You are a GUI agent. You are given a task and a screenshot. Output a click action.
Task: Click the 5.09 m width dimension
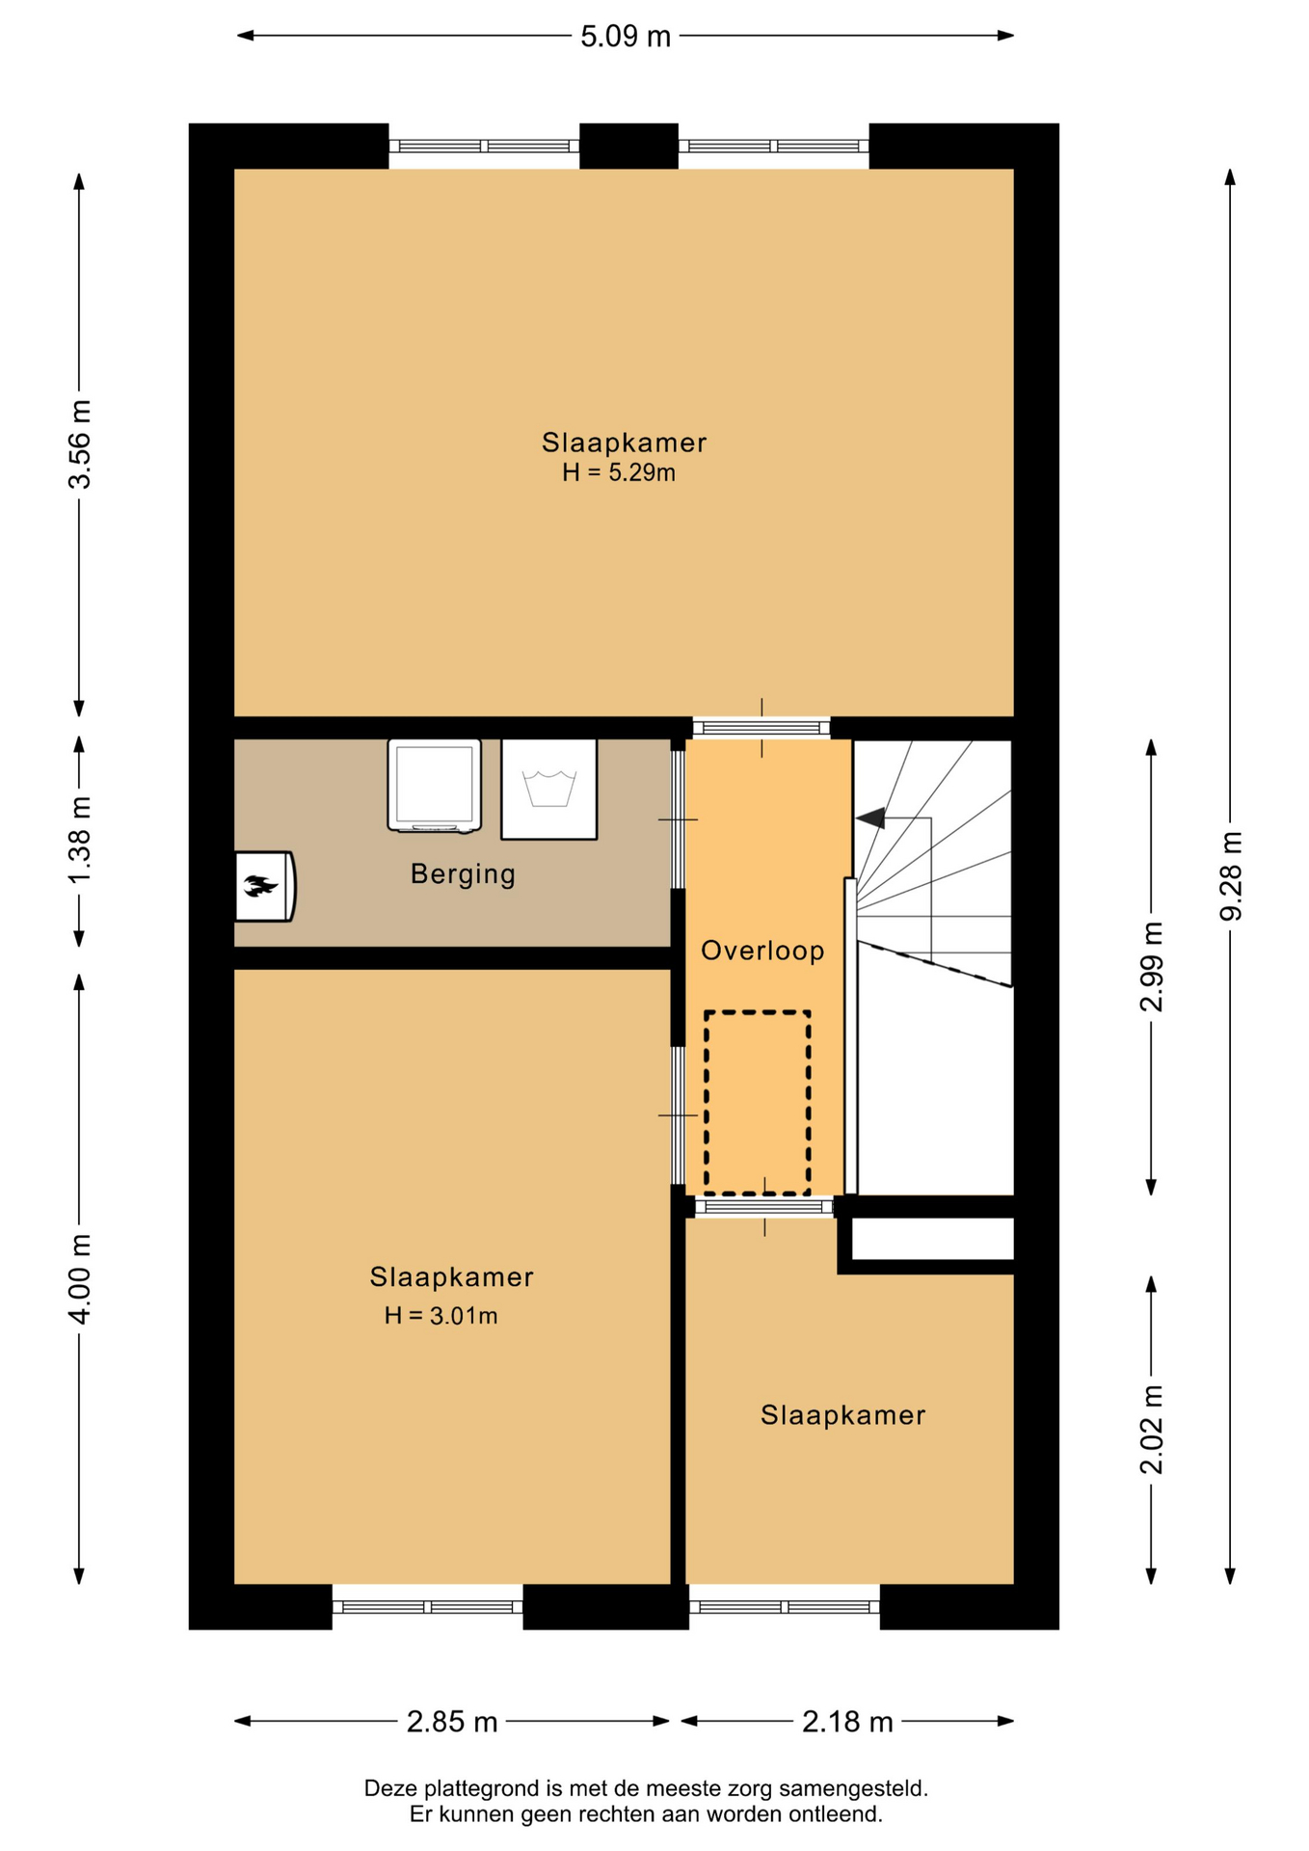tap(625, 37)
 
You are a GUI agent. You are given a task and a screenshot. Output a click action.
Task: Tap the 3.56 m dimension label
tap(79, 444)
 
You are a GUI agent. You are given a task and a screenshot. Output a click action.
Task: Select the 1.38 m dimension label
tap(79, 840)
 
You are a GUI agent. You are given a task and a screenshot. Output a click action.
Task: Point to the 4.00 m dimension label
tap(79, 1278)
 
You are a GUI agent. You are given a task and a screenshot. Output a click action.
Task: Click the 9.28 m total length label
tap(1231, 875)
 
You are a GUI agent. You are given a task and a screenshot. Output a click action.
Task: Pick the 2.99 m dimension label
tap(1151, 966)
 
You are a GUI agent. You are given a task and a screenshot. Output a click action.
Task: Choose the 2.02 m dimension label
tap(1151, 1430)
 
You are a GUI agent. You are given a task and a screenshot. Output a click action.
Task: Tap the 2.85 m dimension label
tap(452, 1722)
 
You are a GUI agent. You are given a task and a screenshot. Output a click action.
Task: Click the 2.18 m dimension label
tap(847, 1722)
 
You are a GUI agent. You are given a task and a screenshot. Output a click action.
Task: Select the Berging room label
tap(463, 874)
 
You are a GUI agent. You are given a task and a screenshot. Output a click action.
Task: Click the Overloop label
tap(762, 951)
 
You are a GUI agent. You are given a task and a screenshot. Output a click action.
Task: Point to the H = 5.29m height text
tap(619, 472)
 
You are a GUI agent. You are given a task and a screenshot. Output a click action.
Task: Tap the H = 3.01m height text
tap(441, 1315)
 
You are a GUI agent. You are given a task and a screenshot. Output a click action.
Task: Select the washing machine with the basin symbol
tap(548, 790)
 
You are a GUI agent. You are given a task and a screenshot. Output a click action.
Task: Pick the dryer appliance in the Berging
tap(434, 785)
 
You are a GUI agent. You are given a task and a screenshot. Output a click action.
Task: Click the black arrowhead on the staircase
tap(871, 818)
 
